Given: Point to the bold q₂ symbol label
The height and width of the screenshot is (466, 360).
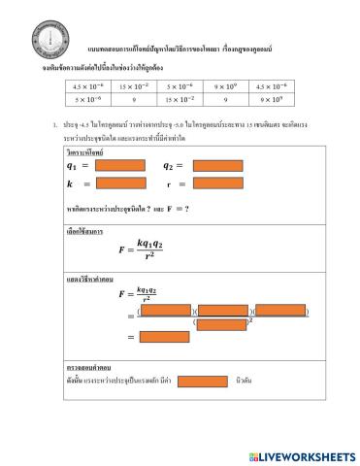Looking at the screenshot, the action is (x=171, y=166).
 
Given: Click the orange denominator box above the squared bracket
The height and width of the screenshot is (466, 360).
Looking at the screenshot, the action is (x=221, y=323).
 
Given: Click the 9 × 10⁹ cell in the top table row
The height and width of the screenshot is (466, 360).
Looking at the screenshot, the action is (x=223, y=85).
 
